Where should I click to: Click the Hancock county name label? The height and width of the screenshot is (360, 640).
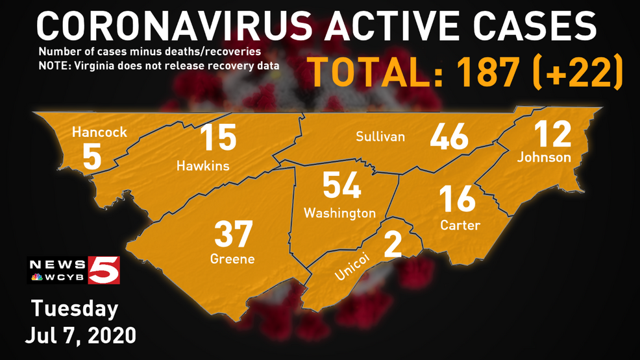pyautogui.click(x=99, y=132)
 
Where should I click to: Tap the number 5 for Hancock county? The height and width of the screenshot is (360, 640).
pyautogui.click(x=92, y=158)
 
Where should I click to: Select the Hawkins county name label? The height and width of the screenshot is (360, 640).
pyautogui.click(x=203, y=166)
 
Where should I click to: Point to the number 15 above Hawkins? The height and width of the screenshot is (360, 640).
pyautogui.click(x=217, y=138)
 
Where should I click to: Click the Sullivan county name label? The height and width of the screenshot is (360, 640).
pyautogui.click(x=380, y=136)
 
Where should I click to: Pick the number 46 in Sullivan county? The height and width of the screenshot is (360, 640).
pyautogui.click(x=449, y=137)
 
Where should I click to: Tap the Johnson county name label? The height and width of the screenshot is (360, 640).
pyautogui.click(x=544, y=157)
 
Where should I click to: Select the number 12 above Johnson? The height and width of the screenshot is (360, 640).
pyautogui.click(x=552, y=133)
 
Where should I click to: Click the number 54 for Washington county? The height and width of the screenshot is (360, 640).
pyautogui.click(x=342, y=186)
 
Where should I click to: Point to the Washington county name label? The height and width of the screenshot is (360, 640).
pyautogui.click(x=339, y=213)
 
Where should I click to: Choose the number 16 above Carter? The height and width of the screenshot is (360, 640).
pyautogui.click(x=457, y=199)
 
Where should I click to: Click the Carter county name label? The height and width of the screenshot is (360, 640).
pyautogui.click(x=460, y=225)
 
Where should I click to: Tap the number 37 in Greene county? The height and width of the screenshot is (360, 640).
pyautogui.click(x=234, y=234)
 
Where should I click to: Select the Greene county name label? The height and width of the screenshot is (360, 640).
pyautogui.click(x=232, y=259)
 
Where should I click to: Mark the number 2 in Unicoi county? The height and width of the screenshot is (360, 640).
pyautogui.click(x=393, y=245)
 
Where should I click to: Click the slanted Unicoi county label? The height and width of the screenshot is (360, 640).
pyautogui.click(x=352, y=267)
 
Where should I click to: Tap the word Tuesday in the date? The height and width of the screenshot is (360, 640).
pyautogui.click(x=75, y=309)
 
